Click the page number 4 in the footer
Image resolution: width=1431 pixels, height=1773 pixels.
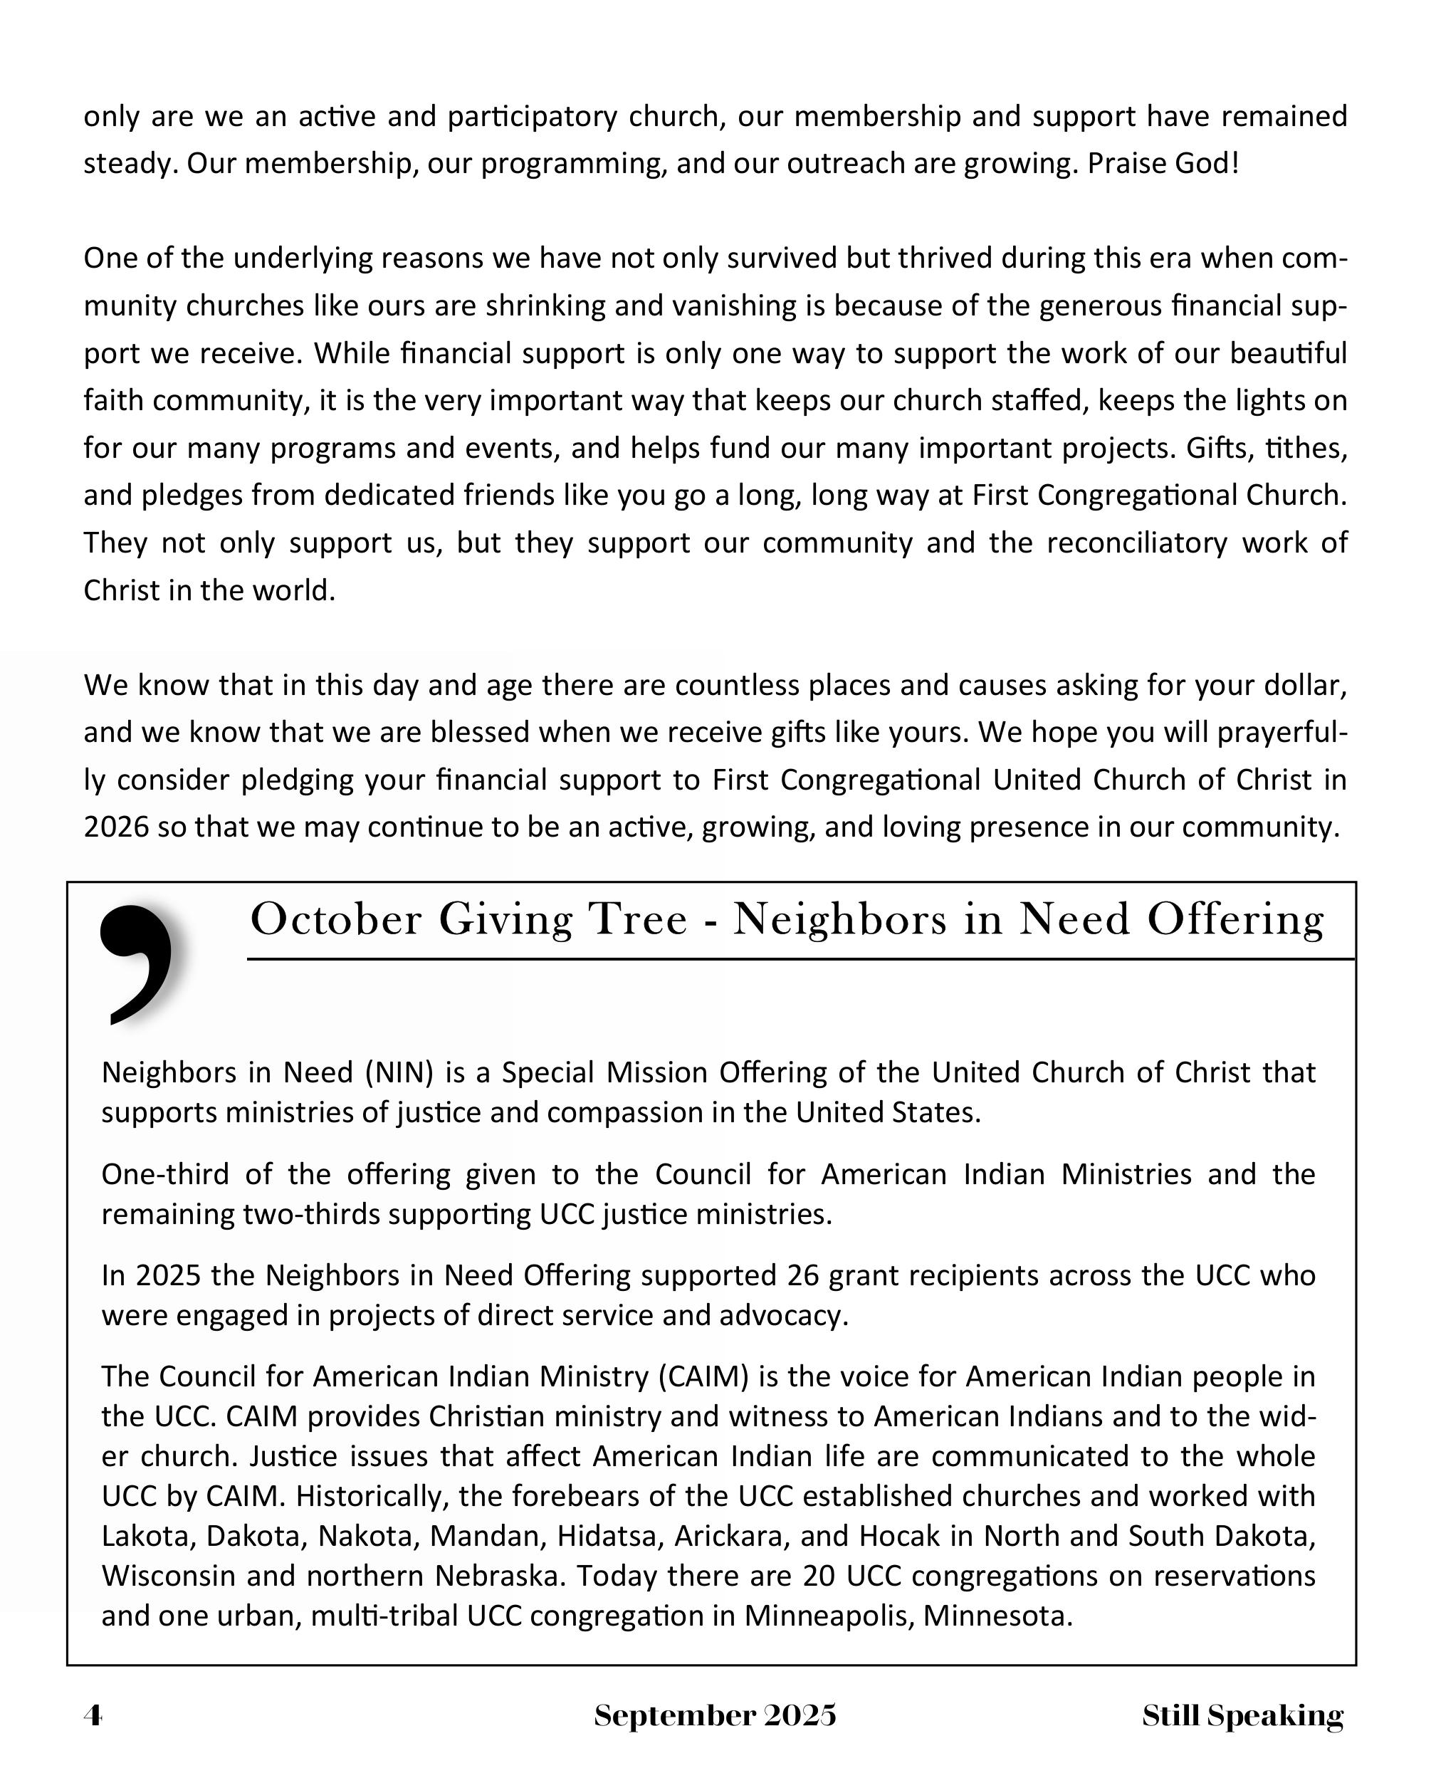point(93,1715)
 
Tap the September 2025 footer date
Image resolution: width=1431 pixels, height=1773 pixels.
point(715,1715)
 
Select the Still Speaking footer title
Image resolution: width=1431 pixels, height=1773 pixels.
point(1242,1715)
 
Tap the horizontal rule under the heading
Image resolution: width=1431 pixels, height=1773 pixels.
point(800,959)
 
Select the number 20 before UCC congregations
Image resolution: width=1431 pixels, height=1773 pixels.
point(819,1575)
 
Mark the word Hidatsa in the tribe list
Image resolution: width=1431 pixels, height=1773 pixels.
point(606,1536)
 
